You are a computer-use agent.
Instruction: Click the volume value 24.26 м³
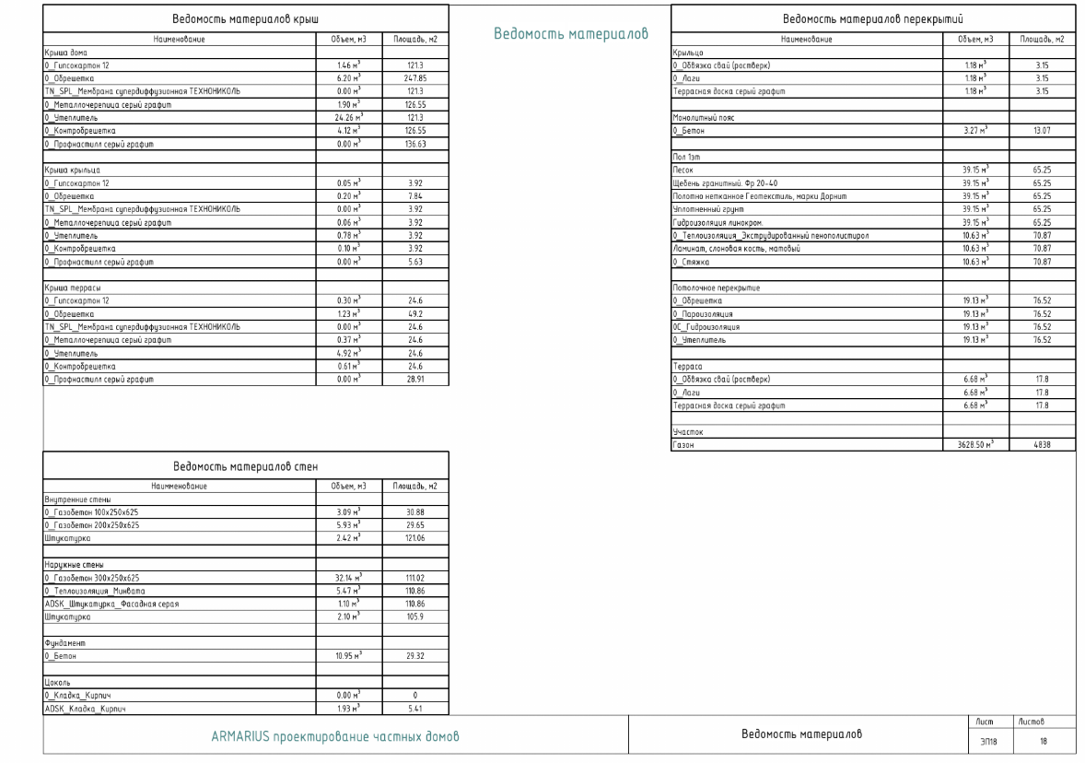[x=348, y=118]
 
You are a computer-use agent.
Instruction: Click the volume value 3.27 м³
[x=975, y=132]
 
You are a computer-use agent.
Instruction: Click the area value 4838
[x=1041, y=445]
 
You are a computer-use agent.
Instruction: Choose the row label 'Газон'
[x=684, y=445]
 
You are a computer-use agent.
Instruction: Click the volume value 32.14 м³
[x=348, y=576]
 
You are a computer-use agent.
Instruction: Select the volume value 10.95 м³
[x=348, y=654]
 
